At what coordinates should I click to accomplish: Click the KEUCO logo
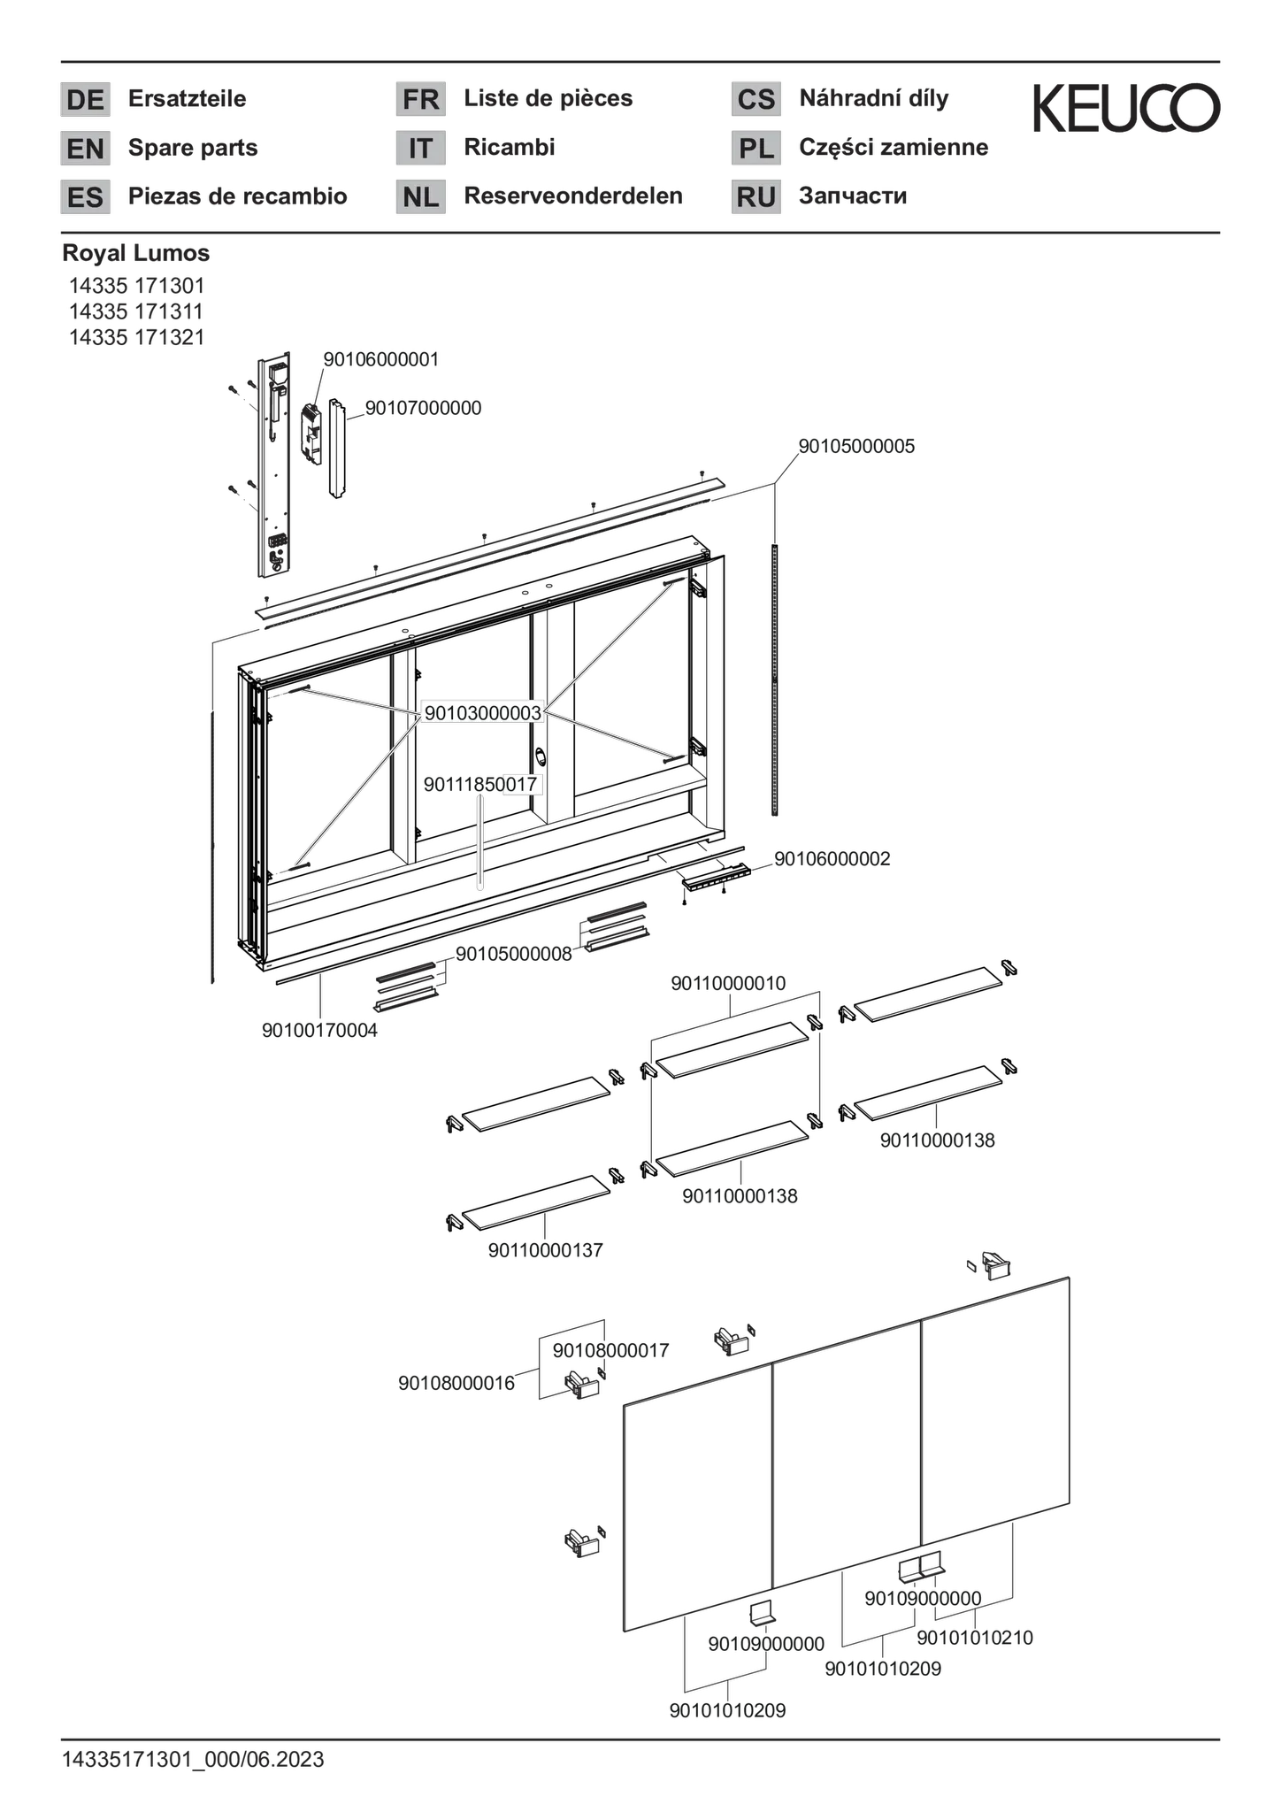click(1126, 109)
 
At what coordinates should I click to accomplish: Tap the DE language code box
click(85, 99)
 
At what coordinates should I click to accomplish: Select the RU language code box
click(756, 196)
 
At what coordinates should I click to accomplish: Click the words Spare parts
click(193, 148)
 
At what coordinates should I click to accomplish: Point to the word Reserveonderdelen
click(573, 196)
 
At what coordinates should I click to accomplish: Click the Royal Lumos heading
click(136, 253)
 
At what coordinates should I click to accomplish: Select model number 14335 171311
click(137, 311)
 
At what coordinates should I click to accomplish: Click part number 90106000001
click(380, 359)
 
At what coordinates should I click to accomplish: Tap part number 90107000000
click(423, 408)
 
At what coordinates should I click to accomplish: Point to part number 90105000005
click(856, 446)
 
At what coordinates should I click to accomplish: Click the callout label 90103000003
click(482, 713)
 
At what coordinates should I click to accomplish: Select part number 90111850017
click(480, 784)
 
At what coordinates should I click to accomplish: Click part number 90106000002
click(832, 859)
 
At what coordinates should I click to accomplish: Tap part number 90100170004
click(319, 1031)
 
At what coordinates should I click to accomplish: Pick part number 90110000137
click(545, 1250)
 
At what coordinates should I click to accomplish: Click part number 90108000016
click(456, 1383)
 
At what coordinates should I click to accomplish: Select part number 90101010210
click(975, 1638)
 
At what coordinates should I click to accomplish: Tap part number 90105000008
click(514, 954)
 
